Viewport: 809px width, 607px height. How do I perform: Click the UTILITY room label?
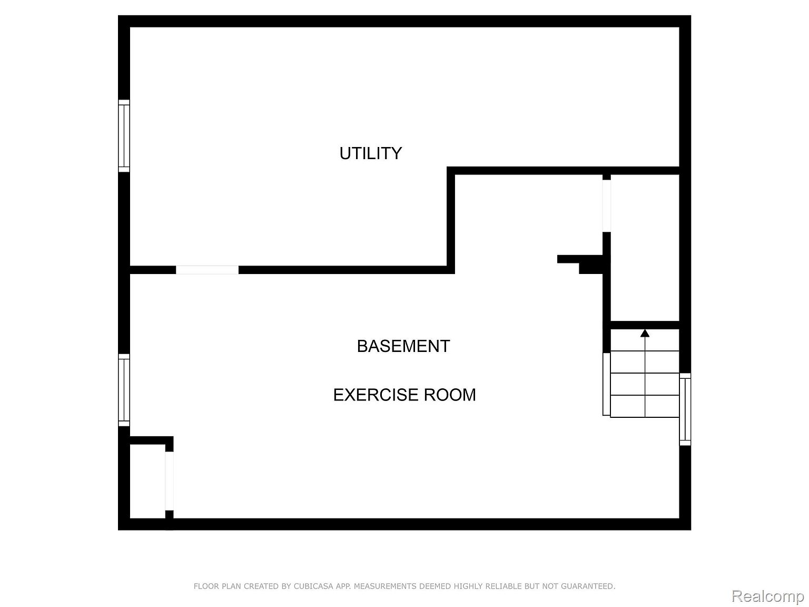pos(370,153)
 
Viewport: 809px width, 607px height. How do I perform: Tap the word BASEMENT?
pos(403,346)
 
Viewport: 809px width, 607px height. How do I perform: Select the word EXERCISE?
pos(376,395)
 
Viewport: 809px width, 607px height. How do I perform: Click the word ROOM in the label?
pos(450,395)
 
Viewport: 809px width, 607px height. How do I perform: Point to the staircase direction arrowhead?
pos(645,333)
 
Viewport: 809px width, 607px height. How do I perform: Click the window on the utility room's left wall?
pos(124,135)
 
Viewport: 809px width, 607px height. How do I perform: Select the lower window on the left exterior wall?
pos(124,390)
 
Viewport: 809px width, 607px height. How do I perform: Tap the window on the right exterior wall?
pos(685,409)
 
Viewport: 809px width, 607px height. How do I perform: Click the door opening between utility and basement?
pos(207,270)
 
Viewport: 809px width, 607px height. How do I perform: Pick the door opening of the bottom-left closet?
pos(169,481)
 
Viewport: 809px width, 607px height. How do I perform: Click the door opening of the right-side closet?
pos(606,205)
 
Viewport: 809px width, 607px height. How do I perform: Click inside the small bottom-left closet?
pos(147,481)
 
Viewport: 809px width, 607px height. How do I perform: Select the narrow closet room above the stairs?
pos(645,248)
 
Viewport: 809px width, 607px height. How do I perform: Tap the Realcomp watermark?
pos(768,595)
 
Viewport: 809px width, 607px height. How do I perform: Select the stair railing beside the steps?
pos(606,384)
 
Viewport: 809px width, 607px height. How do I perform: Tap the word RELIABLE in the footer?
pos(506,586)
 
